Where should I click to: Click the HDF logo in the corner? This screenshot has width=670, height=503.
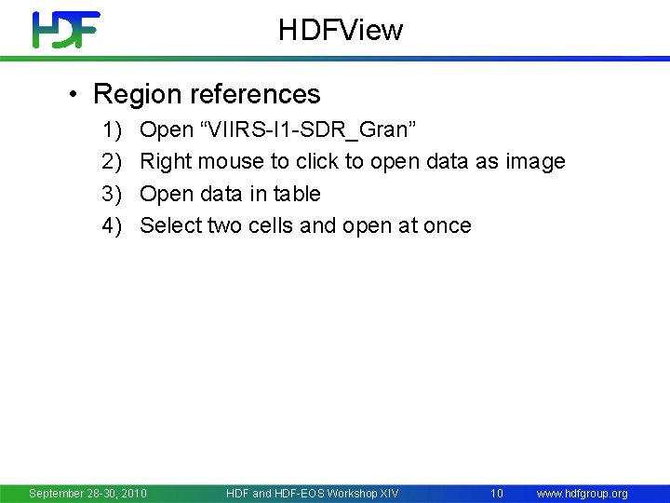tap(65, 30)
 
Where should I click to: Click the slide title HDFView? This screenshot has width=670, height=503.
tap(341, 30)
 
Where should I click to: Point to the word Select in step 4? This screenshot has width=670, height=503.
tap(170, 225)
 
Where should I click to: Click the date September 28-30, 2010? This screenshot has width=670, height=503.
tap(87, 493)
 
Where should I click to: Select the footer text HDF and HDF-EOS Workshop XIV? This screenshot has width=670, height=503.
tap(312, 493)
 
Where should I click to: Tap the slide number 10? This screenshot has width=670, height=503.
tap(497, 493)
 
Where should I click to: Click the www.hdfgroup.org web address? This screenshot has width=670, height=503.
tap(583, 493)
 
